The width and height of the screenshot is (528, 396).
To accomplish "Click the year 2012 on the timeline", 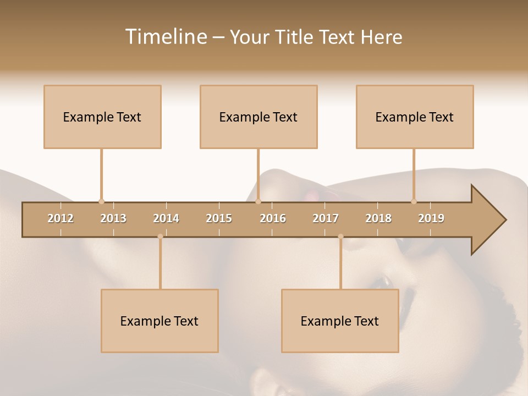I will click(x=61, y=218).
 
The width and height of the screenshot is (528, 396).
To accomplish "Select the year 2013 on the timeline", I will click(x=113, y=218).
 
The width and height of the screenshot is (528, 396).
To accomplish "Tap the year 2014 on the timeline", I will click(x=166, y=218).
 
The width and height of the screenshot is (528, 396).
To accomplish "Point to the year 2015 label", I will click(x=219, y=218).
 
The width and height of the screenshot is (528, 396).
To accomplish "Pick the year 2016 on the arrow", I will click(x=273, y=218).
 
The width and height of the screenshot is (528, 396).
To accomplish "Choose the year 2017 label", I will click(x=326, y=218).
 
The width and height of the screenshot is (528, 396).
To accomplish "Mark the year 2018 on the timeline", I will click(x=378, y=218).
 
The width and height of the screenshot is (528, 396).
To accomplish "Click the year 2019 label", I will click(x=431, y=218).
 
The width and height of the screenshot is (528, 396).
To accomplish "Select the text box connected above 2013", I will click(x=102, y=117).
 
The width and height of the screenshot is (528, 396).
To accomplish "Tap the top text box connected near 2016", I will click(x=258, y=117).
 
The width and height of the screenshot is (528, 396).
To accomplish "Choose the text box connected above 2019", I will click(x=415, y=117).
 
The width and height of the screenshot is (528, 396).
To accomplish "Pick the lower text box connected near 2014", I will click(x=159, y=321).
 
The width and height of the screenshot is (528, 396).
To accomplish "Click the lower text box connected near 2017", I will click(x=340, y=321).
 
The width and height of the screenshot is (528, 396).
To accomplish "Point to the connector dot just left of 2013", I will click(x=101, y=201).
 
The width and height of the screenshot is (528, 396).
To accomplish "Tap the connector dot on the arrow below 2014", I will click(x=160, y=237).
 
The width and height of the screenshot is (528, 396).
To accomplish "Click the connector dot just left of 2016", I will click(x=258, y=201).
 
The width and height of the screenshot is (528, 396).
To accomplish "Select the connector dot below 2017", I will click(x=340, y=237).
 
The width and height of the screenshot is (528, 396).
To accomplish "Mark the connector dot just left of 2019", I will click(x=414, y=201).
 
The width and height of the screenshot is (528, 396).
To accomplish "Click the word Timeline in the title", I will click(x=166, y=37).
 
